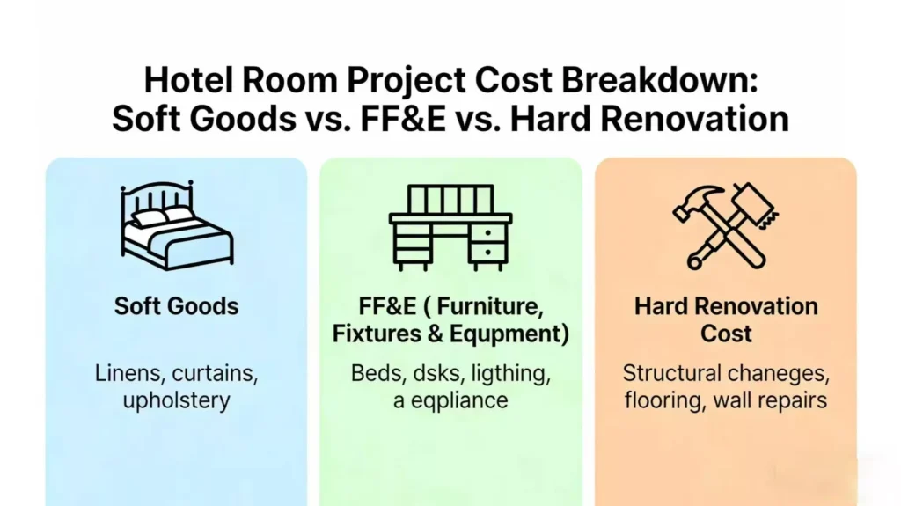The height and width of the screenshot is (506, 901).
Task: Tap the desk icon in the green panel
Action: [450, 226]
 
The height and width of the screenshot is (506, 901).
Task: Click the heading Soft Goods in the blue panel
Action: [176, 307]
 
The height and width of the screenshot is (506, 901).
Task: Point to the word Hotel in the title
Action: [191, 80]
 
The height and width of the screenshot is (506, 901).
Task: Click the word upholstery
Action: [176, 400]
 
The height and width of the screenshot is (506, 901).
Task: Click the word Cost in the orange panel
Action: [726, 334]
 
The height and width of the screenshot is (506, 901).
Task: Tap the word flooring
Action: [660, 400]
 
